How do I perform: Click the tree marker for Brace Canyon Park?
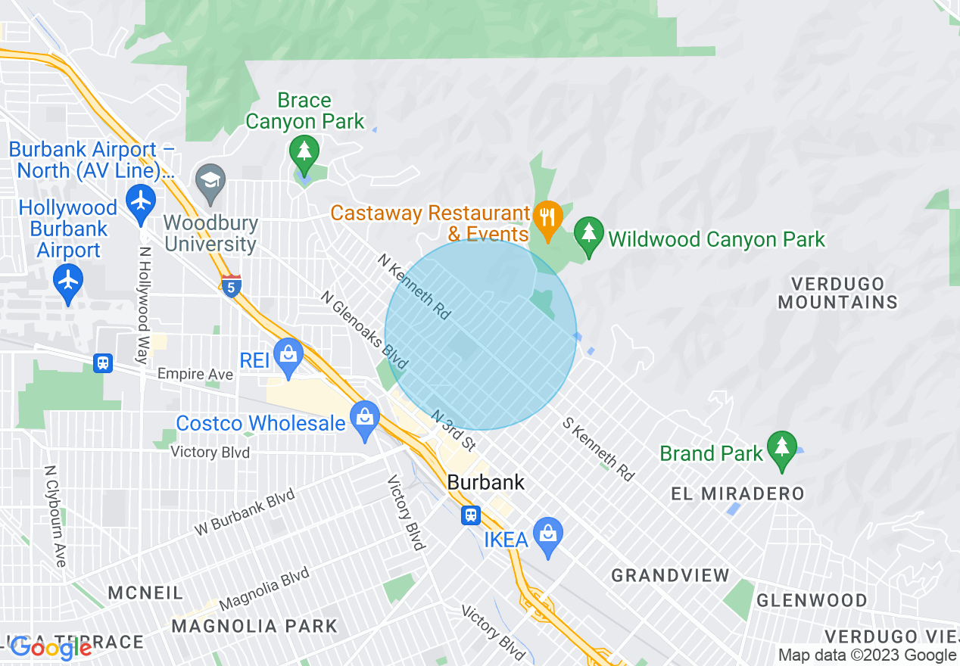pos(304,151)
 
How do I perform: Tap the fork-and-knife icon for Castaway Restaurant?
pos(545,216)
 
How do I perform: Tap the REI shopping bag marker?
pos(288,353)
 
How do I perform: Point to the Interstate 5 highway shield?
pos(232,286)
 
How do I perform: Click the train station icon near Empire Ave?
pos(104,363)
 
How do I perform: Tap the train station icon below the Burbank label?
pos(471,515)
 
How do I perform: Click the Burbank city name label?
pos(486,482)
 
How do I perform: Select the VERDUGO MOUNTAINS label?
pos(837,294)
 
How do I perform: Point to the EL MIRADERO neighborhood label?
pos(737,494)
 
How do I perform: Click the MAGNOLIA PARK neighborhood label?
pos(254,627)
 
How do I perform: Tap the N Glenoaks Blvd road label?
pos(364,330)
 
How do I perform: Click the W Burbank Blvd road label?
pos(245,514)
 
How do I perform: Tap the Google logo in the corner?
pos(51,648)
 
